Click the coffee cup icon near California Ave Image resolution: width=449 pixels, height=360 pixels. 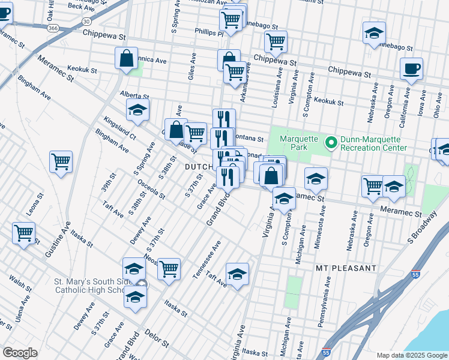411,70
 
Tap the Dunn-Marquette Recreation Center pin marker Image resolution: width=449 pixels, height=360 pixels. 330,143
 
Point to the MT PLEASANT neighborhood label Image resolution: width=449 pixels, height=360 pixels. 346,268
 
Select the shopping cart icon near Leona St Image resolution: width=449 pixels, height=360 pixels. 23,233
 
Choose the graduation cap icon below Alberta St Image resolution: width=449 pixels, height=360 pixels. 137,110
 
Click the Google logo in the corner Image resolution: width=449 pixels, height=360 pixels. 20,353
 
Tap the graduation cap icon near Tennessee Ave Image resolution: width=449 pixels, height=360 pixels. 238,274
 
